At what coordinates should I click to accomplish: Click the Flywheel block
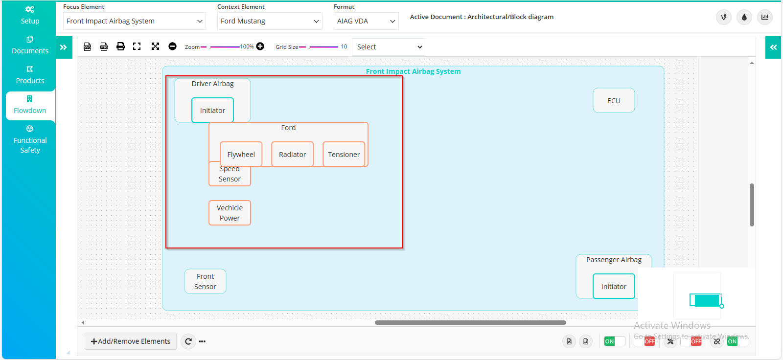(241, 154)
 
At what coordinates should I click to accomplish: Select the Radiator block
(292, 154)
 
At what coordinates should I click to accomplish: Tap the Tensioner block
(344, 154)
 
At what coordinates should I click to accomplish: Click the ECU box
(614, 101)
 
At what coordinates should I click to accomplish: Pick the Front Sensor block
(205, 281)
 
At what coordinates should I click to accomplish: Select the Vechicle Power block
(230, 213)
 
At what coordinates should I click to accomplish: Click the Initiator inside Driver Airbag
(212, 110)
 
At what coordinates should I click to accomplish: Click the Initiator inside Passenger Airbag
(614, 286)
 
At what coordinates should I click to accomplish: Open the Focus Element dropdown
(135, 21)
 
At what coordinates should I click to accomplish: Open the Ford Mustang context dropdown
(270, 21)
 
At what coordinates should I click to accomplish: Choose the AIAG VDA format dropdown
(366, 21)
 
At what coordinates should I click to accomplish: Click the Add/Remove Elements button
(131, 341)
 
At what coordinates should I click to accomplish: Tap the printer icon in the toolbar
(120, 46)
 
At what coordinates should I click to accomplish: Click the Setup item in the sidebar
(30, 15)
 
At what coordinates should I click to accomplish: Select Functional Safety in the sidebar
(30, 140)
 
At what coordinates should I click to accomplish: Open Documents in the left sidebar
(30, 45)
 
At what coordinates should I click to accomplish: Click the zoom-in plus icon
(260, 46)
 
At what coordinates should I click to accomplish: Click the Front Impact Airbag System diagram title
(413, 71)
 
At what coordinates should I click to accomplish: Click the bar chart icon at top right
(765, 17)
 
